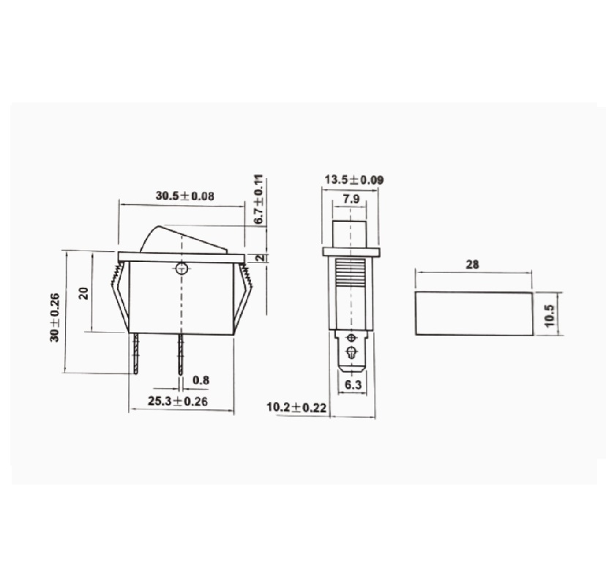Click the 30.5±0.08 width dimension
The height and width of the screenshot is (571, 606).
184,195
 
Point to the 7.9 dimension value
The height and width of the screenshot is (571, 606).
351,199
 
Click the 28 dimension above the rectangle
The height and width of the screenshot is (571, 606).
473,265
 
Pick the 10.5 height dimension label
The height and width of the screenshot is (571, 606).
550,314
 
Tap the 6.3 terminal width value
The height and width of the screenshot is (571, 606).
352,384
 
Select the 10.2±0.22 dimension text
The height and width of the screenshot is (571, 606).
296,407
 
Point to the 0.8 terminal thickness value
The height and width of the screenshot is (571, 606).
201,380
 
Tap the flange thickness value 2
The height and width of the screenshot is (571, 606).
261,258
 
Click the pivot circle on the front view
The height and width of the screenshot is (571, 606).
182,268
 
